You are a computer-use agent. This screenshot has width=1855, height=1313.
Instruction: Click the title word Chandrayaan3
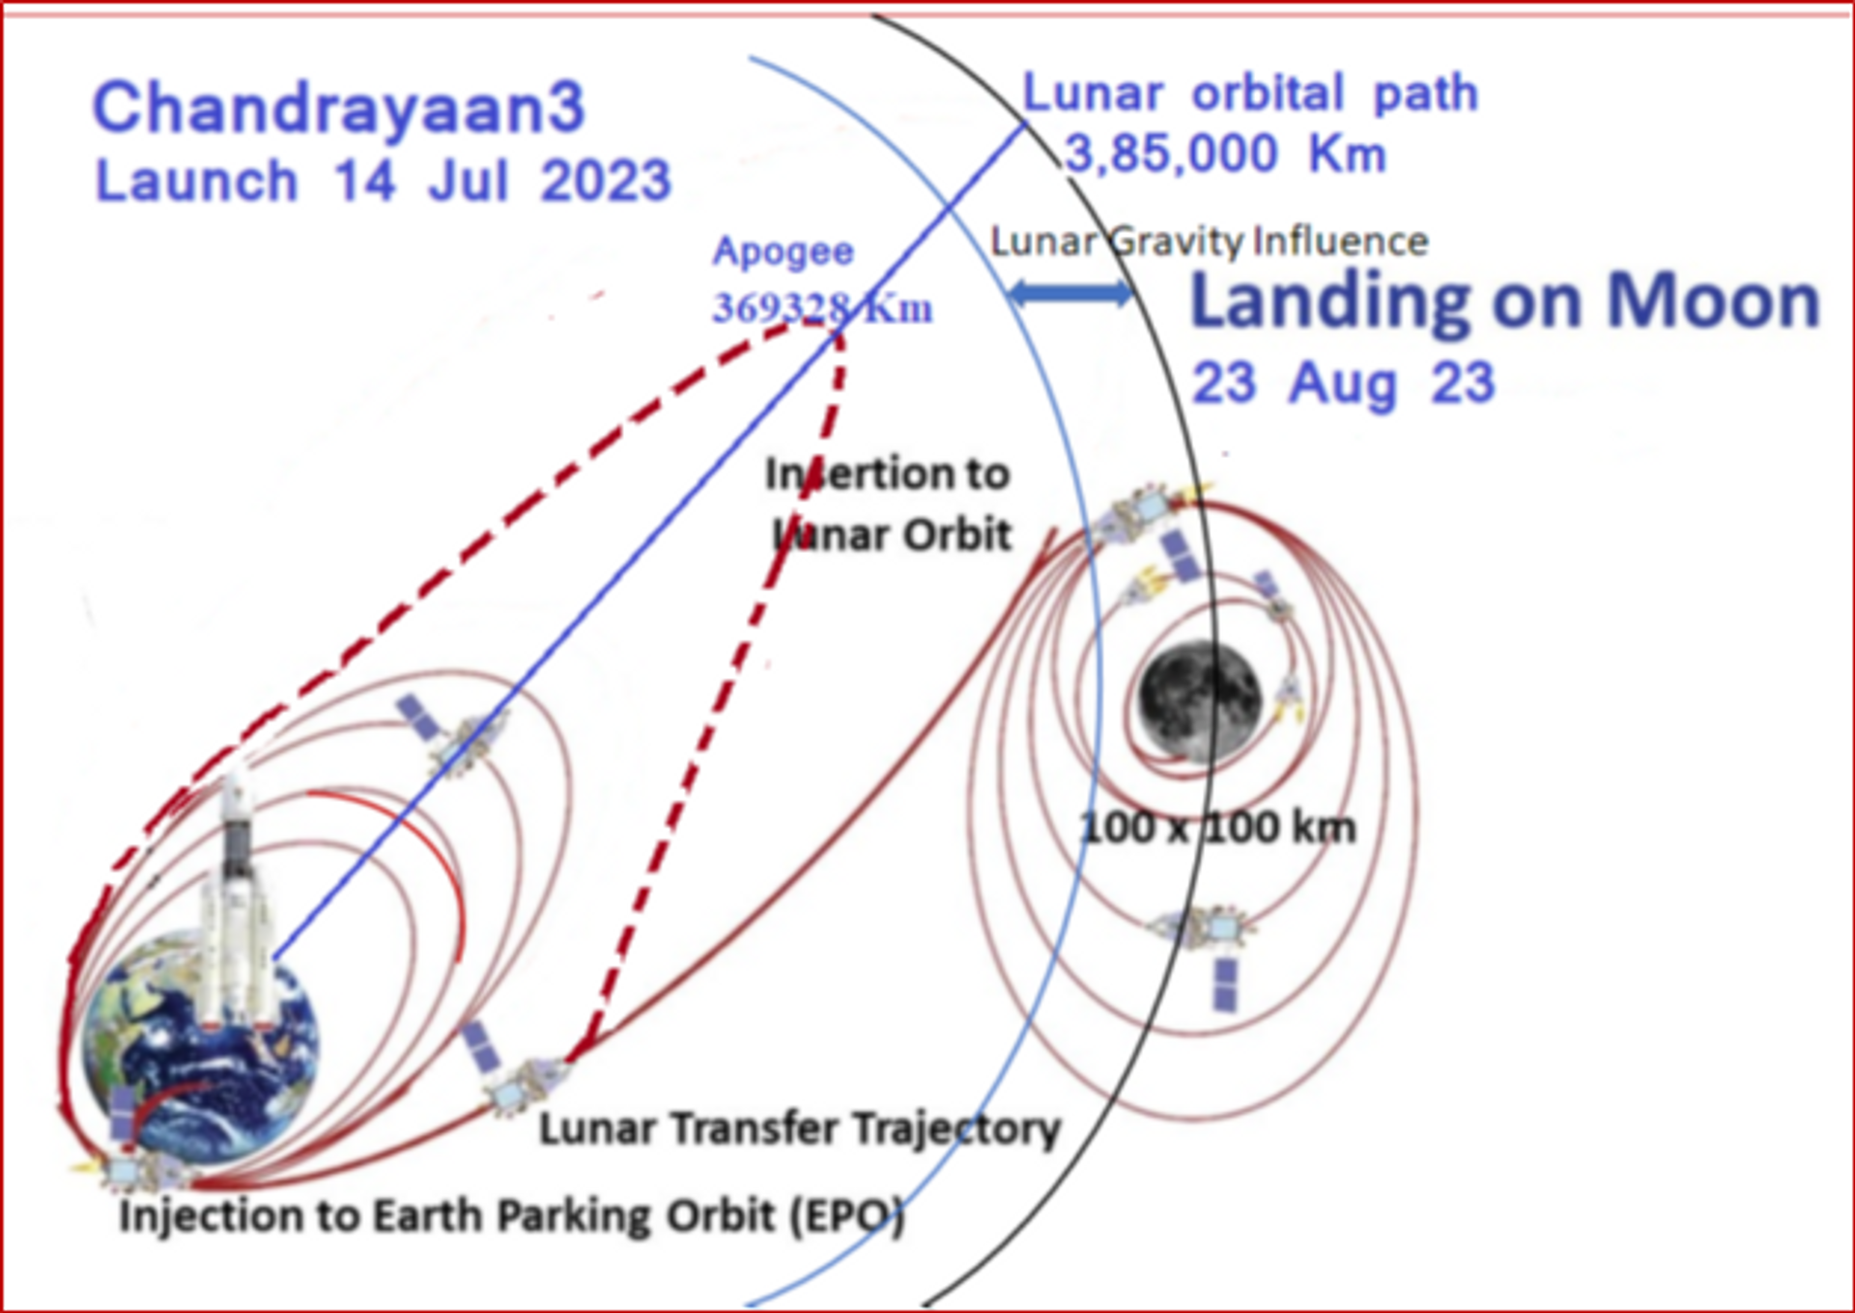pos(338,108)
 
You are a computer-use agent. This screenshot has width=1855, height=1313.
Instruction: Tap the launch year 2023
pos(606,181)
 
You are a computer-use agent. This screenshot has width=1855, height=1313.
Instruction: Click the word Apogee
pos(784,253)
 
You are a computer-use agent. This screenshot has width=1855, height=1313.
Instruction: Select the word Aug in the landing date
pos(1344,385)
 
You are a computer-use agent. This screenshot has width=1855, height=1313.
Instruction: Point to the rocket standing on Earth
pos(236,903)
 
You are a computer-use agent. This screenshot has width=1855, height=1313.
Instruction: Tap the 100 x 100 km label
pos(1217,828)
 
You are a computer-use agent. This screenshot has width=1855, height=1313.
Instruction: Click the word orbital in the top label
pos(1268,95)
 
